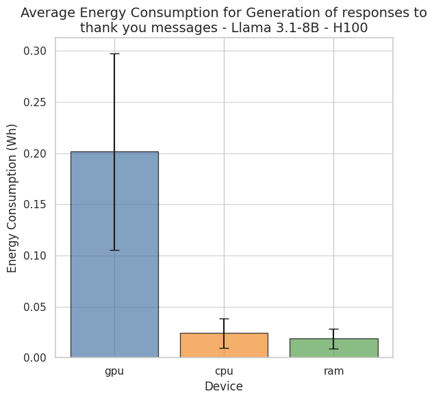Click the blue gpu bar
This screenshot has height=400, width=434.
[114, 254]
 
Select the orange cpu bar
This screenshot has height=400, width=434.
[224, 345]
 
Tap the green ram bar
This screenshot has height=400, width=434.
[333, 348]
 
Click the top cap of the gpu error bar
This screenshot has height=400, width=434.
[114, 53]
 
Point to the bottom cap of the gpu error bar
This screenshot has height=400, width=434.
[114, 250]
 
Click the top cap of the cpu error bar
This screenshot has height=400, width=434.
[224, 319]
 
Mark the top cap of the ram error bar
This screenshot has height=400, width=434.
[333, 329]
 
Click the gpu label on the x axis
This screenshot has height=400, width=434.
[114, 371]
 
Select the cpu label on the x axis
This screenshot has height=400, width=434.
[224, 371]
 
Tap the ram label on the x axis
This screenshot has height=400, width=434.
[333, 371]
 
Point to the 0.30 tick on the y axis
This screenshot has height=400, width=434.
[36, 51]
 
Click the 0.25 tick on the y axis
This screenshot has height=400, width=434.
[36, 103]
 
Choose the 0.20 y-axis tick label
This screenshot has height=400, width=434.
[36, 153]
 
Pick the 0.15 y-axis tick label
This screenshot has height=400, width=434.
[36, 205]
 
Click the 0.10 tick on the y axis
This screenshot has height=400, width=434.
[36, 256]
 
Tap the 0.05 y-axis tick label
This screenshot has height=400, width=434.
[36, 307]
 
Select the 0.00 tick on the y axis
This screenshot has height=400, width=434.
[36, 358]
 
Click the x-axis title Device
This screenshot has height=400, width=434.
[224, 387]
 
